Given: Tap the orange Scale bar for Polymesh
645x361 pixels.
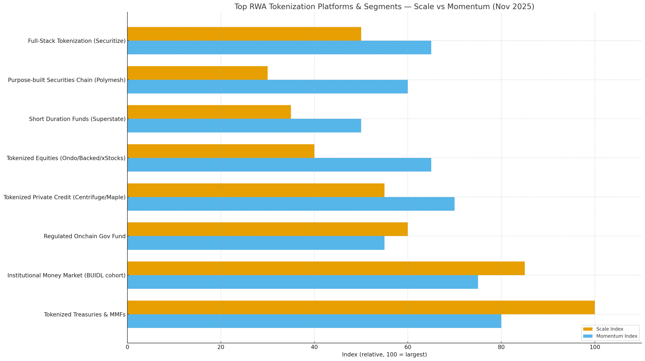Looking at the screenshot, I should pos(197,73).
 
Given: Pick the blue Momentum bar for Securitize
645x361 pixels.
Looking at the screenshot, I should pos(279,47).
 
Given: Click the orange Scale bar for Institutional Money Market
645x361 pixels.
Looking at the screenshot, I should pos(326,268).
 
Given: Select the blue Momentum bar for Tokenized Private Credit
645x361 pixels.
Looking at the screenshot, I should pos(291,204).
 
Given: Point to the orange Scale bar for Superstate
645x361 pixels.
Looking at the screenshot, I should pos(209,112).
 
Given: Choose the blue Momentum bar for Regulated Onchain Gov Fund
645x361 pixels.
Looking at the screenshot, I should pos(255,243).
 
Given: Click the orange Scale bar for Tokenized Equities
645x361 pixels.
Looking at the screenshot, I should pos(220,151).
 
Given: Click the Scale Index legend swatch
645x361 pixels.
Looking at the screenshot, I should pos(588,329).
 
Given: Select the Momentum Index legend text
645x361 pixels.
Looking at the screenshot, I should pos(617,336).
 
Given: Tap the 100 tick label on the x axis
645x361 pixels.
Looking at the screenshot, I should pos(595,347).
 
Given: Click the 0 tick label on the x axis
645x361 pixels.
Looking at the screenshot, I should pos(127,347).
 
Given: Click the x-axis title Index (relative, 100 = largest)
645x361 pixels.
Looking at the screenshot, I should pos(384,354).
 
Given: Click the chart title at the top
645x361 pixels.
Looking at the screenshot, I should pos(384,7).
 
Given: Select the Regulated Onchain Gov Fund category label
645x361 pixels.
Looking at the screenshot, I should pos(84,236).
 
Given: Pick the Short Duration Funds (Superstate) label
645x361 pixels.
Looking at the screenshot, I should pos(77,119).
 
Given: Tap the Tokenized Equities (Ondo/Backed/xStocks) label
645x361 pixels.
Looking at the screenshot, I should pos(66,158).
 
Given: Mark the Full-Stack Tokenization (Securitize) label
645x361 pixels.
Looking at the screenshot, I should pos(77,41).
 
